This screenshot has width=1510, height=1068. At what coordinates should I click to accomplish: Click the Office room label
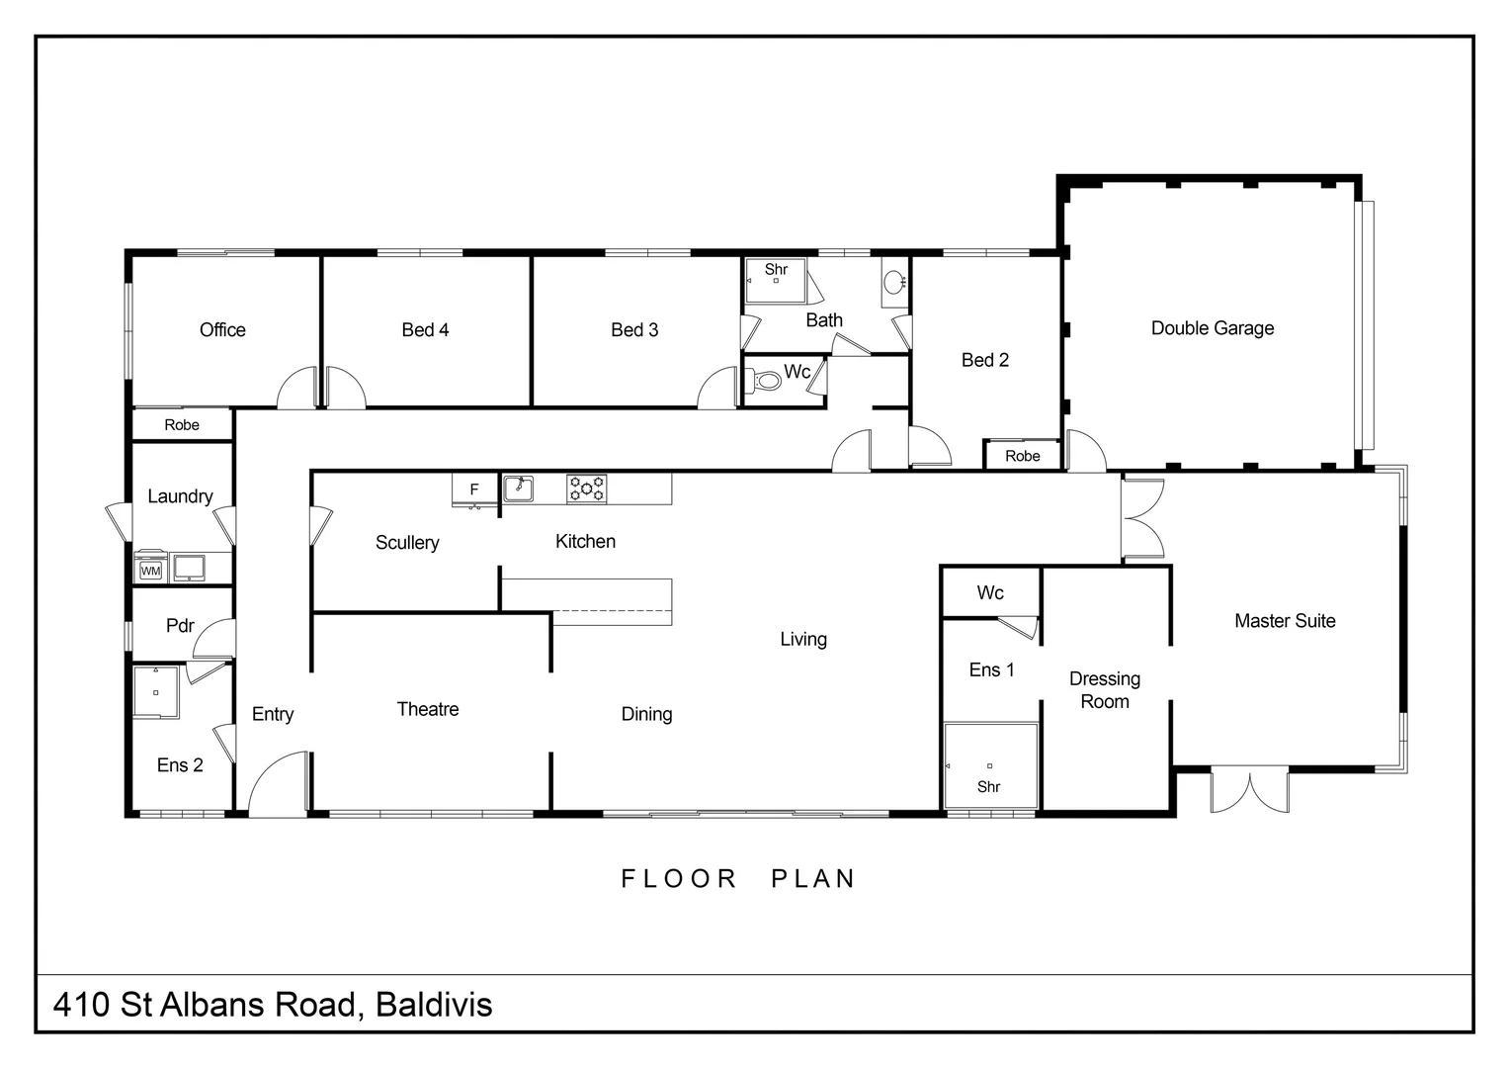click(222, 330)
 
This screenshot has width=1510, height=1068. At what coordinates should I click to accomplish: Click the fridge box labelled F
click(474, 489)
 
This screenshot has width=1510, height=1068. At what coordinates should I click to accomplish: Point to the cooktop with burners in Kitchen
click(586, 489)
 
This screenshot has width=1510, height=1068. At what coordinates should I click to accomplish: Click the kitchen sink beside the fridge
click(518, 489)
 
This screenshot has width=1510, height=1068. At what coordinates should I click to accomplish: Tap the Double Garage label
click(1212, 328)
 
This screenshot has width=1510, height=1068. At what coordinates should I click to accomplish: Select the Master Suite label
click(1284, 621)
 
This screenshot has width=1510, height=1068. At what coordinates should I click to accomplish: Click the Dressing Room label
click(1104, 690)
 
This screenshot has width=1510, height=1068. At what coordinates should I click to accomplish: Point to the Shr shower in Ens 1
click(989, 767)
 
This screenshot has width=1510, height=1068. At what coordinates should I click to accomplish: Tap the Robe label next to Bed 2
click(1022, 456)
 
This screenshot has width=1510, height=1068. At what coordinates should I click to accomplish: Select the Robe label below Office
click(182, 425)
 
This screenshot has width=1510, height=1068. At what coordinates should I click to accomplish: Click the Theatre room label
click(427, 709)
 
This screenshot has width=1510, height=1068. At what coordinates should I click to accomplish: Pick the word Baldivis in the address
click(434, 1005)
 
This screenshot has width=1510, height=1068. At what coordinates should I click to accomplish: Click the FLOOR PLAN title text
click(737, 879)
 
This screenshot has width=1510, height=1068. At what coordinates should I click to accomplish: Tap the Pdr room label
click(180, 626)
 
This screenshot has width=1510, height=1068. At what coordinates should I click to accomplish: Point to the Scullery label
click(406, 543)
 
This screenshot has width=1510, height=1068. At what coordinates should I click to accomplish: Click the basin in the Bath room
click(893, 282)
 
